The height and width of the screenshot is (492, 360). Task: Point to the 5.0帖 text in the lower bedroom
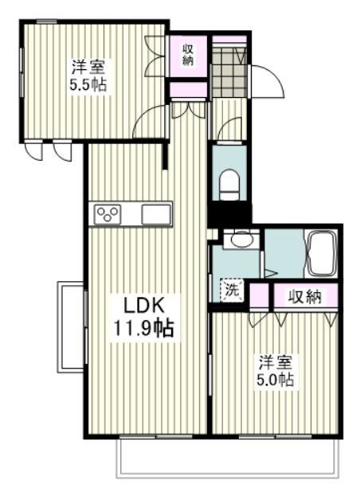(x=276, y=381)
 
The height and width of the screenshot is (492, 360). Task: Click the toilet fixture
(x=228, y=182)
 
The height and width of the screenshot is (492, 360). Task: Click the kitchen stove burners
(x=108, y=213)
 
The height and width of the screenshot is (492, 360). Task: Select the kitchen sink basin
(x=156, y=213)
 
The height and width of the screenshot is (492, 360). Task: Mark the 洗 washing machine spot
(x=231, y=291)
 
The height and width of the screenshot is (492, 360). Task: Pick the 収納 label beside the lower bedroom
(x=304, y=297)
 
